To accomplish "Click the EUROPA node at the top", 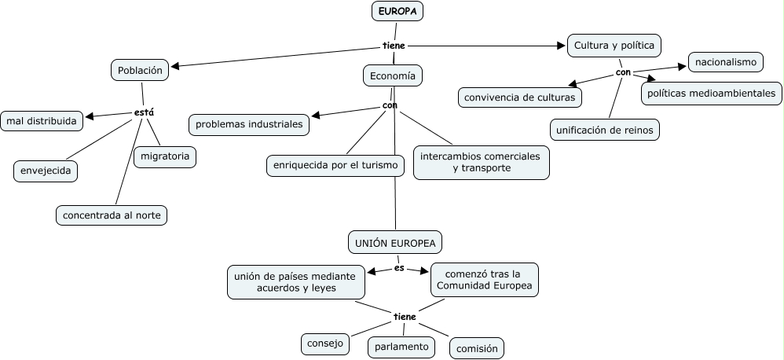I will pos(397,11).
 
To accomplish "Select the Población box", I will pos(140,70).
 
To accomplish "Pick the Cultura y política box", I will pos(614,45).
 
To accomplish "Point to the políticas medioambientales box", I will pos(712,93).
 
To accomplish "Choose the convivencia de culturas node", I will pos(520,97).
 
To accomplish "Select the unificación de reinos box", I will pos(604,129).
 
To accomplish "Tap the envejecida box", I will pos(46,171).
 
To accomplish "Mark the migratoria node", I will pos(164,156).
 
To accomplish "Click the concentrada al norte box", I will pos(112,215).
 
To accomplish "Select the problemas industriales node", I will pos(249,124).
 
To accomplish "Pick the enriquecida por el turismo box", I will pos(335,166).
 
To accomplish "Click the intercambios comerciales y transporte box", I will pos(481,162).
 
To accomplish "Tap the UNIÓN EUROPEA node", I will pos(394,243).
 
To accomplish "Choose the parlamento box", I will pos(401,346).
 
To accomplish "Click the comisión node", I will pos(477,348).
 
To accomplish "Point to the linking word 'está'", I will pos(144,112).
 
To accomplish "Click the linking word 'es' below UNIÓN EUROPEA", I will pos(399,268).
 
